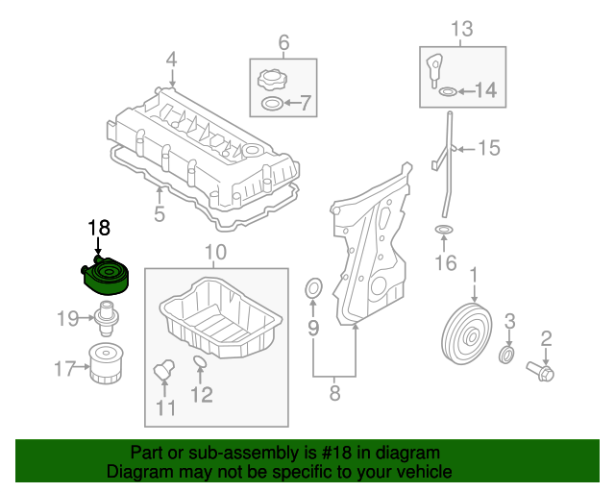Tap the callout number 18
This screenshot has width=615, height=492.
pos(99,228)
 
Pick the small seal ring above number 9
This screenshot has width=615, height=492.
pos(312,290)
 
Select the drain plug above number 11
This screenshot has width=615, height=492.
pos(163,369)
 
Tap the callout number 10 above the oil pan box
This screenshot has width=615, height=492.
pos(214,254)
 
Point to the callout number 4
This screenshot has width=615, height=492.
pos(171,61)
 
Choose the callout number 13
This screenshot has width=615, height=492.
pos(462,29)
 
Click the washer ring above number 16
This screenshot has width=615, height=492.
pos(444,231)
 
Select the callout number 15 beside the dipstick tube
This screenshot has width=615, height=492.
pos(489,148)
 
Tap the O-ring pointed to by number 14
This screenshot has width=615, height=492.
pos(448,92)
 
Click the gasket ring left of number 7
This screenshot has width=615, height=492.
pos(272,103)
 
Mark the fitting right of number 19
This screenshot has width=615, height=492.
pos(105,314)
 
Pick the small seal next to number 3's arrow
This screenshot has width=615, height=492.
pos(506,357)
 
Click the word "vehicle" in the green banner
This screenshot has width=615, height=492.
pos(419,472)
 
